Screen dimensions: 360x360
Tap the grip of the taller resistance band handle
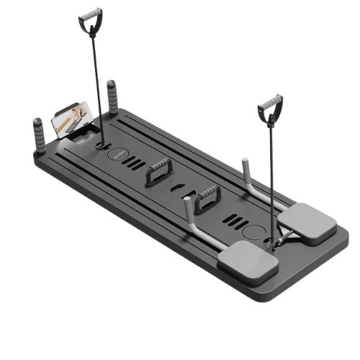(x=91, y=14)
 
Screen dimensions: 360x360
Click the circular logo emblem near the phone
(x=117, y=155)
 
